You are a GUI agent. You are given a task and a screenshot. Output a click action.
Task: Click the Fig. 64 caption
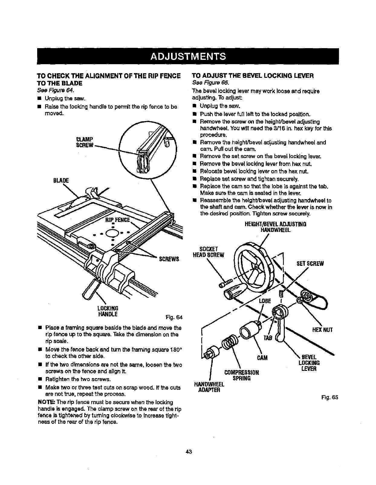pos(175,317)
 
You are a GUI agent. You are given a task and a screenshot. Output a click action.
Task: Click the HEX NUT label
pos(323,330)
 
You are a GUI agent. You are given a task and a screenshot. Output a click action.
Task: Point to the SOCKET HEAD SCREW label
pos(208,252)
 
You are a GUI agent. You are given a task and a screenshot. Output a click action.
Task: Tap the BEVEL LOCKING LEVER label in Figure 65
pos(309,363)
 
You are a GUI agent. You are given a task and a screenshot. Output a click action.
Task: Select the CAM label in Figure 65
pos(262,358)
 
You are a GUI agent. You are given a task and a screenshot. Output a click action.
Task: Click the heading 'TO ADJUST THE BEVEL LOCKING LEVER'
pos(253,76)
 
